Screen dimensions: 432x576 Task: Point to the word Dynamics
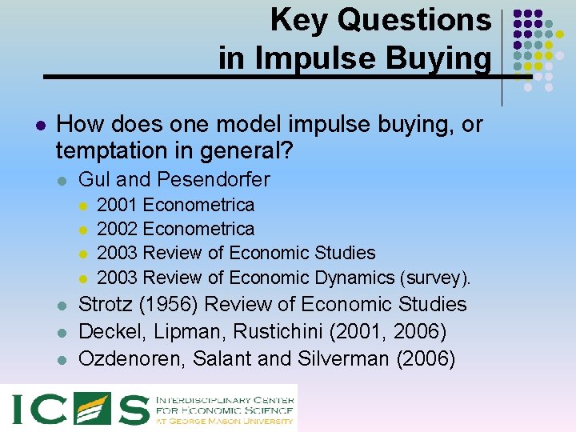351,278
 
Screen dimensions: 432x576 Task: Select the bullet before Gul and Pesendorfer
62,181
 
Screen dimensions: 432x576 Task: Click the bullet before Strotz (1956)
62,306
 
